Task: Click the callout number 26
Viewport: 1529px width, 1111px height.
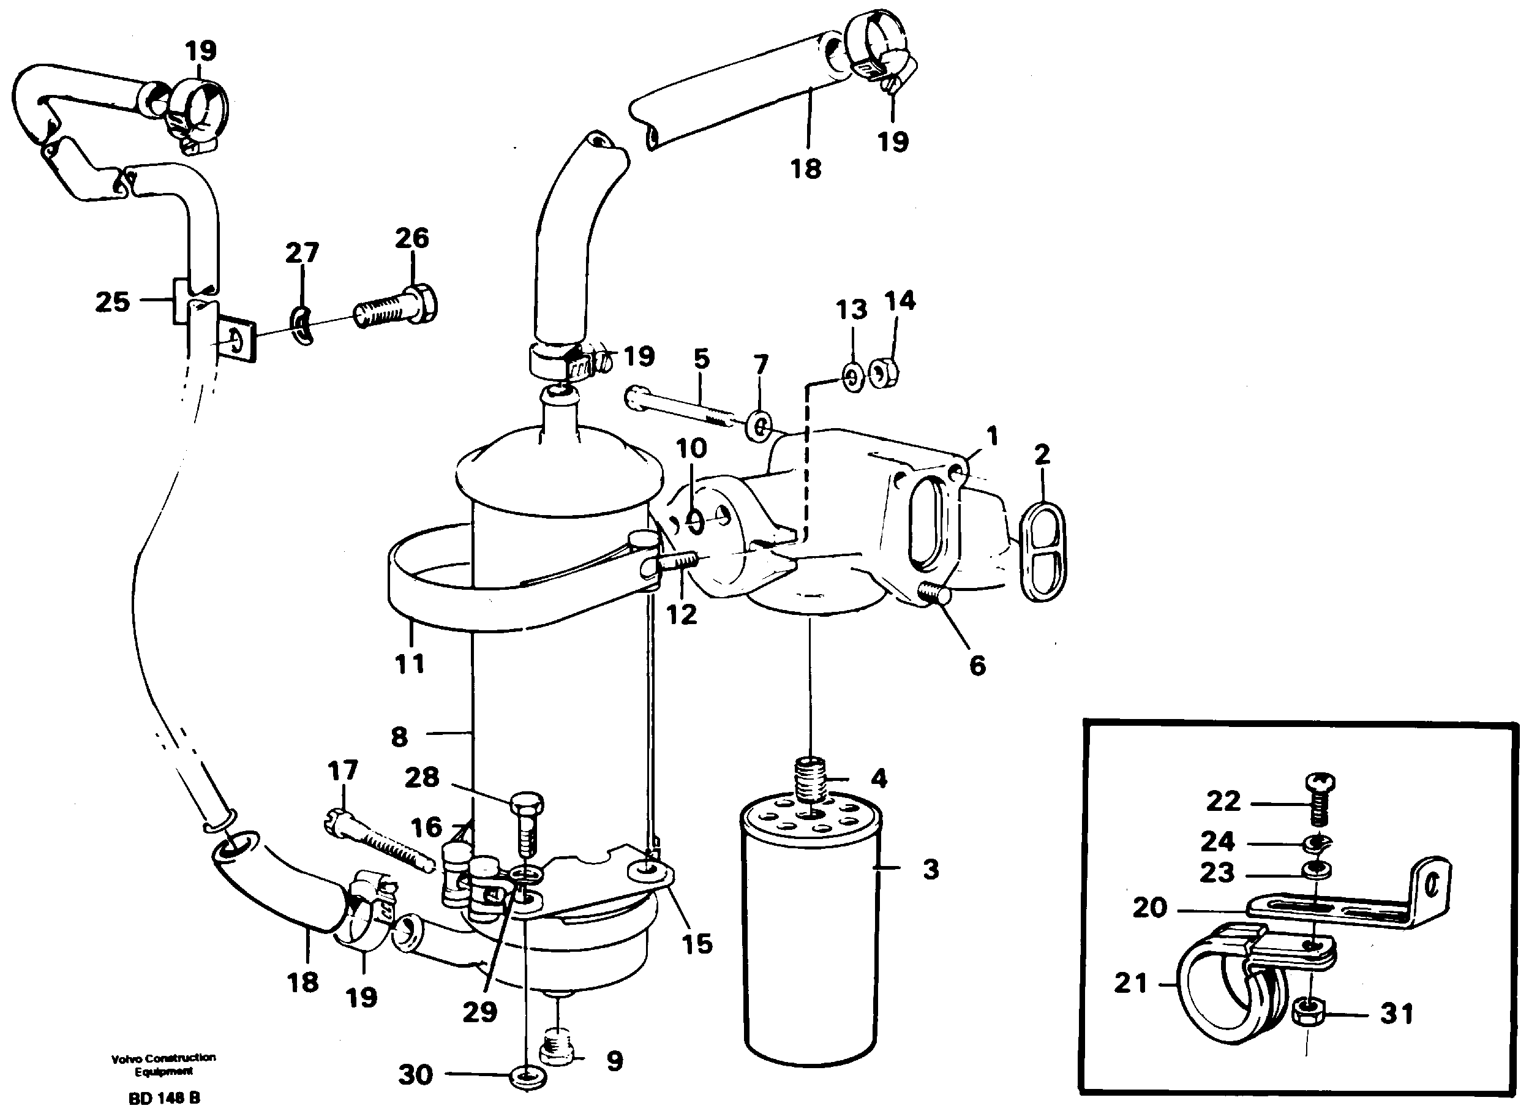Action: pyautogui.click(x=411, y=238)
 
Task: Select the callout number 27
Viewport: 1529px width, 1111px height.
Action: pyautogui.click(x=301, y=253)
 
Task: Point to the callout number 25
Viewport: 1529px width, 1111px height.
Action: pyautogui.click(x=112, y=301)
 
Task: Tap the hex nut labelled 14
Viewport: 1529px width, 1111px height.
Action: pyautogui.click(x=882, y=372)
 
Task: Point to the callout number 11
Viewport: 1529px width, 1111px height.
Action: pyautogui.click(x=409, y=663)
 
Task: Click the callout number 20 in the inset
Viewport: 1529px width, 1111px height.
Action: pyautogui.click(x=1149, y=908)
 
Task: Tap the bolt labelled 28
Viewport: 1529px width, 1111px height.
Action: pyautogui.click(x=527, y=826)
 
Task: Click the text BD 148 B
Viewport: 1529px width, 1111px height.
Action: pyautogui.click(x=165, y=1098)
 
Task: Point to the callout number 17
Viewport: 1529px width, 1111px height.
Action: pyautogui.click(x=342, y=770)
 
